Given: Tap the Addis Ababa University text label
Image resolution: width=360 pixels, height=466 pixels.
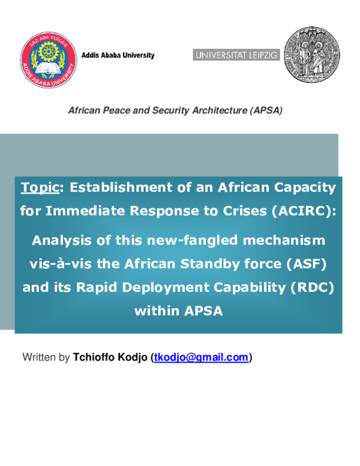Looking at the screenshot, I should (x=118, y=55).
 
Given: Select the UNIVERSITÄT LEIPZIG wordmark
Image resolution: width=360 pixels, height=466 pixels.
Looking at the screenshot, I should (x=236, y=55).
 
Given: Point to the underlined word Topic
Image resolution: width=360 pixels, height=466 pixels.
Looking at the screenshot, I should (x=40, y=187).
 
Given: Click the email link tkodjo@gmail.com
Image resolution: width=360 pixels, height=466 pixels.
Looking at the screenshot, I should (x=201, y=357).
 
